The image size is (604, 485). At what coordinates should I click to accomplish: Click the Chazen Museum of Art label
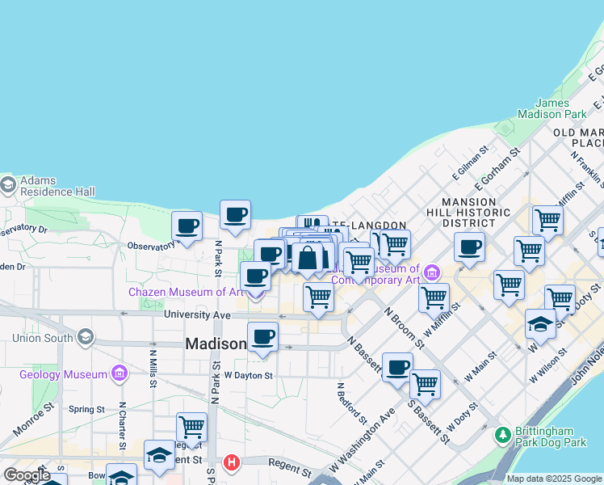tap(185, 292)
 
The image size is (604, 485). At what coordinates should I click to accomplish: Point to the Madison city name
tap(216, 344)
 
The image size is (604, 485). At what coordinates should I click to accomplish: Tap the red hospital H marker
tap(233, 462)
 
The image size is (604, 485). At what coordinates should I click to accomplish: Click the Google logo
tap(27, 475)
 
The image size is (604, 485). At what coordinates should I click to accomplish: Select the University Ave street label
tap(197, 314)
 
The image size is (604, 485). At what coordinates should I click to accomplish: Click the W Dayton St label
tap(249, 375)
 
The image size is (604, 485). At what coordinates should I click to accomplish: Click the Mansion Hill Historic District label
tap(476, 212)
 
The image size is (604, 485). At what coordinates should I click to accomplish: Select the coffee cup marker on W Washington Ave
tap(397, 368)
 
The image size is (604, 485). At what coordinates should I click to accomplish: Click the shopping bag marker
tap(308, 259)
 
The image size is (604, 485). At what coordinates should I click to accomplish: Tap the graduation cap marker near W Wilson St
tap(540, 324)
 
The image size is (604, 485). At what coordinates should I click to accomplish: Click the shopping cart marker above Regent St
tap(191, 426)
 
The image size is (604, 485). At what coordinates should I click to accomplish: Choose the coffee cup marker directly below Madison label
tap(262, 336)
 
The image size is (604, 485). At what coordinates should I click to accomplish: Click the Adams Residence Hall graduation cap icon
tap(8, 186)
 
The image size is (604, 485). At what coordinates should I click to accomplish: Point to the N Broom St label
tap(404, 326)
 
